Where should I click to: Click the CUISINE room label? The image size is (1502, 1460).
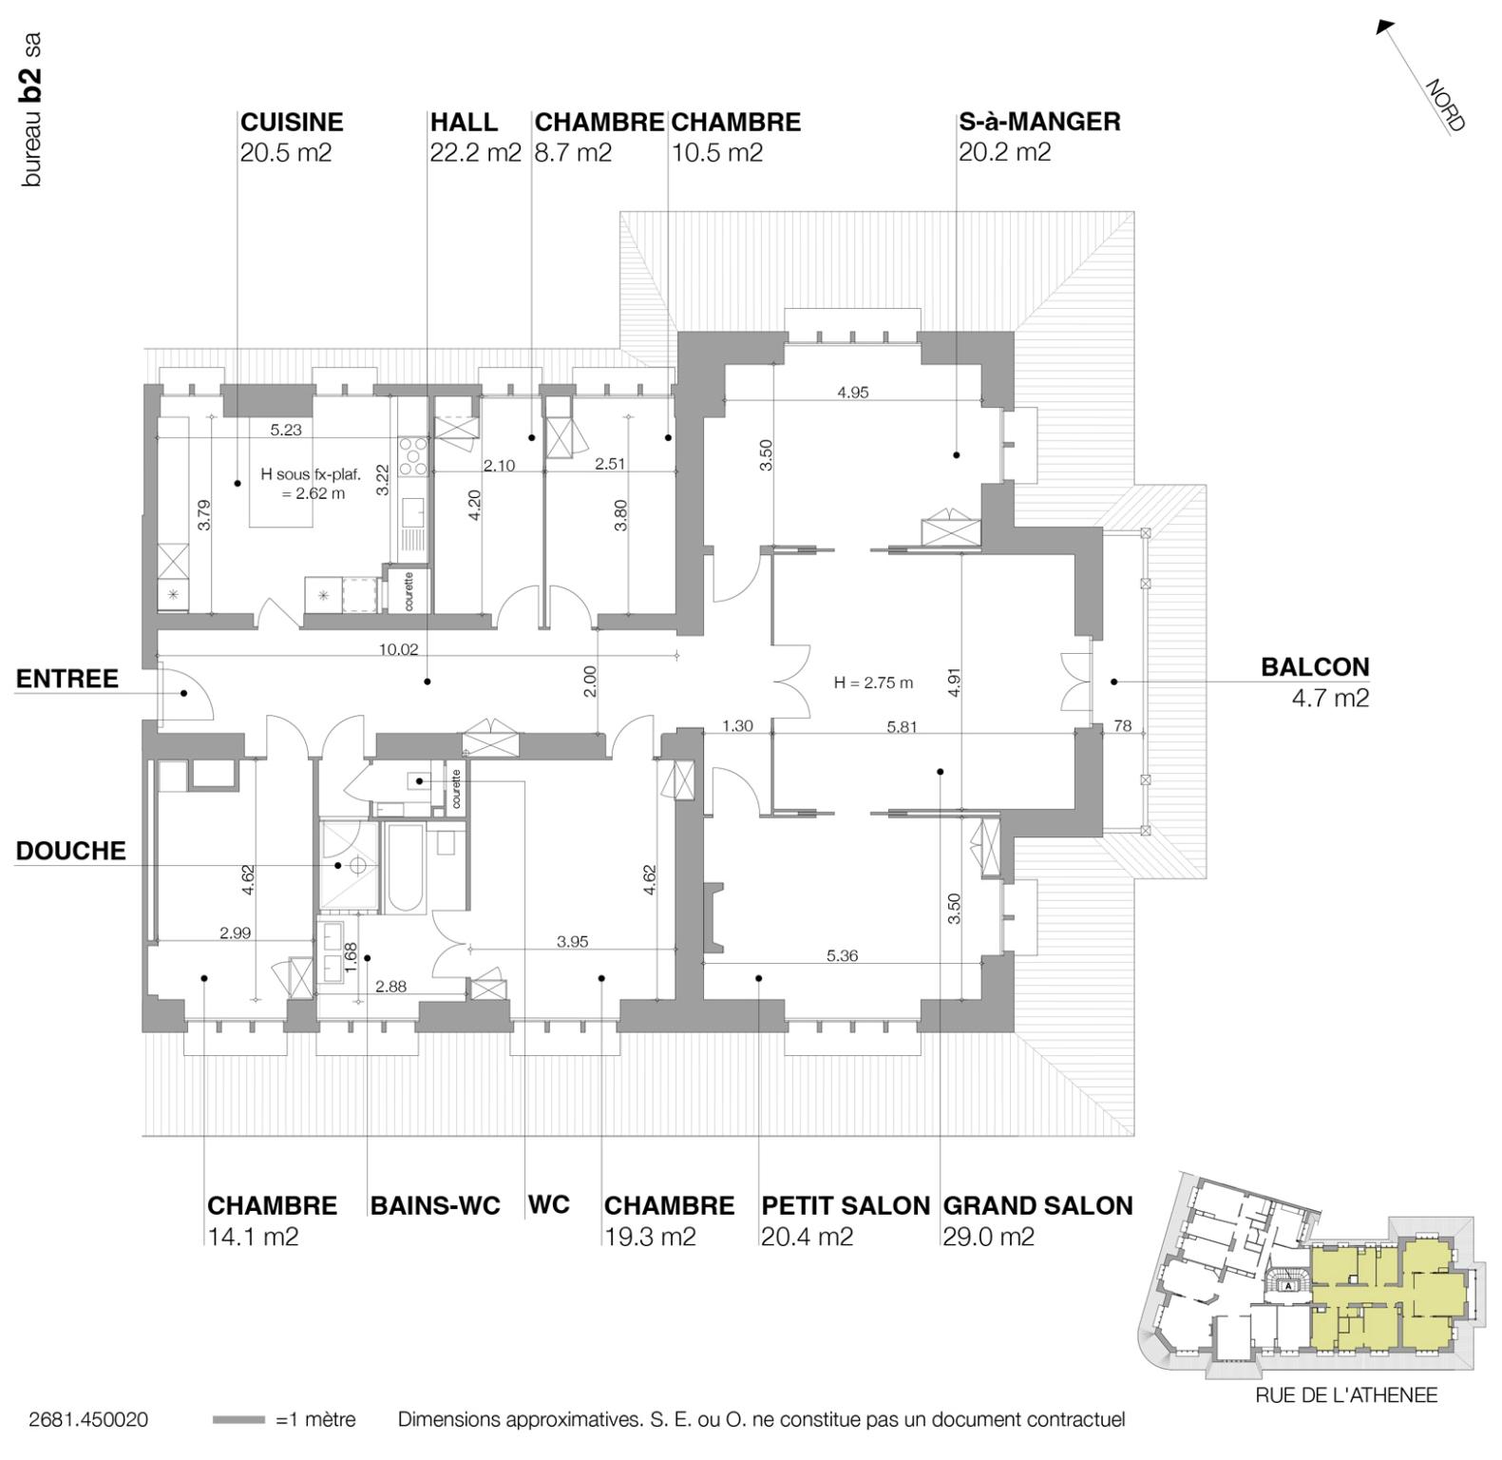click(x=291, y=122)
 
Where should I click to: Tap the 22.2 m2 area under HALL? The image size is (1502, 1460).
click(x=475, y=152)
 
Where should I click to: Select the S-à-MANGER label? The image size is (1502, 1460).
click(x=1038, y=122)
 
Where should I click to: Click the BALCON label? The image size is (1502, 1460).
click(x=1314, y=667)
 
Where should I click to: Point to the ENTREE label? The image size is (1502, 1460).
click(x=67, y=679)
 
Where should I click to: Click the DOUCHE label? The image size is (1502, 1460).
click(x=70, y=851)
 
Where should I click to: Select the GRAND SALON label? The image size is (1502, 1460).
click(x=1037, y=1205)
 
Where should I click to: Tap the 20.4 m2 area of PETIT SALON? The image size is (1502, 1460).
click(x=806, y=1237)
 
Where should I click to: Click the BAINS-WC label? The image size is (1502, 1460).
click(x=434, y=1205)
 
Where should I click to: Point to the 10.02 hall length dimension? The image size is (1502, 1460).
click(x=398, y=650)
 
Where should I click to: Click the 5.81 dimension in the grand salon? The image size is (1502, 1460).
click(x=902, y=726)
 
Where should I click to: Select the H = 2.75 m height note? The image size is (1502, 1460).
click(x=873, y=682)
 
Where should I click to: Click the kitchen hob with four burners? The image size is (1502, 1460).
click(x=413, y=455)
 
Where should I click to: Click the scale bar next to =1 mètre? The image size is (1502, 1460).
click(x=238, y=1420)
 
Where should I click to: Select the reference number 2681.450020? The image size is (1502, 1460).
click(x=87, y=1420)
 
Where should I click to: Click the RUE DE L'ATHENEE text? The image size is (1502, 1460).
click(x=1345, y=1395)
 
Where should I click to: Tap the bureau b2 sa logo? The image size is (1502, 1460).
click(x=31, y=109)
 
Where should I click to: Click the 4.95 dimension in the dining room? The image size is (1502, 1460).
click(x=852, y=392)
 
